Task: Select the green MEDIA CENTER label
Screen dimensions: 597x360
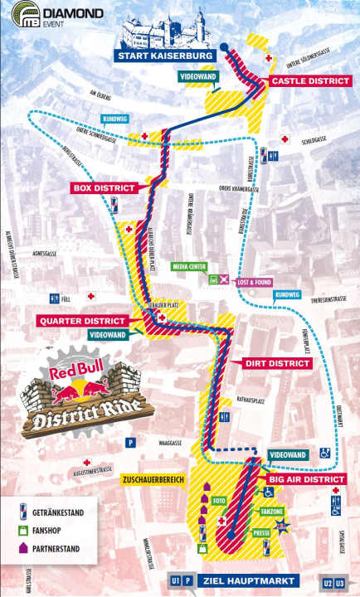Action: pos(192,267)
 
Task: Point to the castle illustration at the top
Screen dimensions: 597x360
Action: pos(165,27)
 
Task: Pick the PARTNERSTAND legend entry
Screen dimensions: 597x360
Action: pos(60,547)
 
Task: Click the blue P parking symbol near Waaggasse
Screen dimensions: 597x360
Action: pos(129,443)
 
